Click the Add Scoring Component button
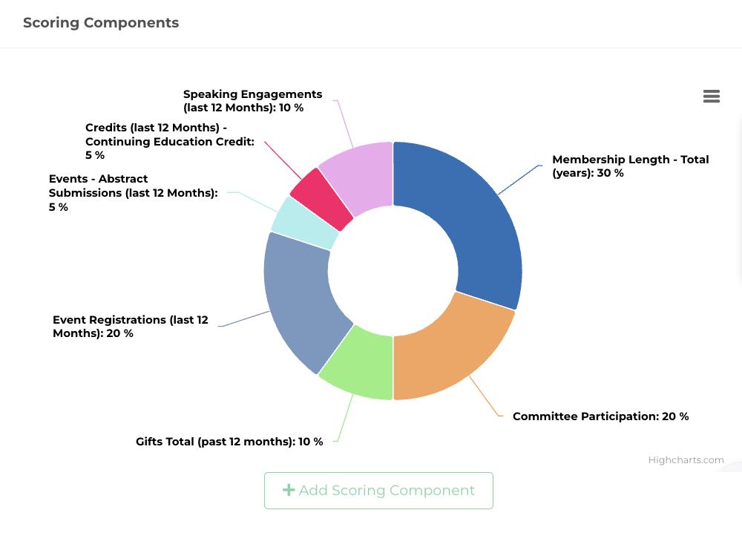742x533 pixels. [x=378, y=491]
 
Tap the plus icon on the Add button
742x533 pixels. [x=289, y=490]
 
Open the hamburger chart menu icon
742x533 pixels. [x=711, y=97]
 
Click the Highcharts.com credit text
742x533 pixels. [x=686, y=460]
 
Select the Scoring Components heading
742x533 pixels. [x=101, y=22]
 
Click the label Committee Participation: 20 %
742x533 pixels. [x=600, y=416]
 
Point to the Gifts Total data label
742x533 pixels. [x=229, y=442]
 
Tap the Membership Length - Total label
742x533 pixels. [x=630, y=166]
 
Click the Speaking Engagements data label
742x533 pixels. [x=252, y=101]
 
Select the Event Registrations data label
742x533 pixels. [x=131, y=327]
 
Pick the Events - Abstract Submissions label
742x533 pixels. [x=133, y=193]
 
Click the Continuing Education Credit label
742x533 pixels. [x=169, y=141]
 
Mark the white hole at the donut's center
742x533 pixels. [x=393, y=271]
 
